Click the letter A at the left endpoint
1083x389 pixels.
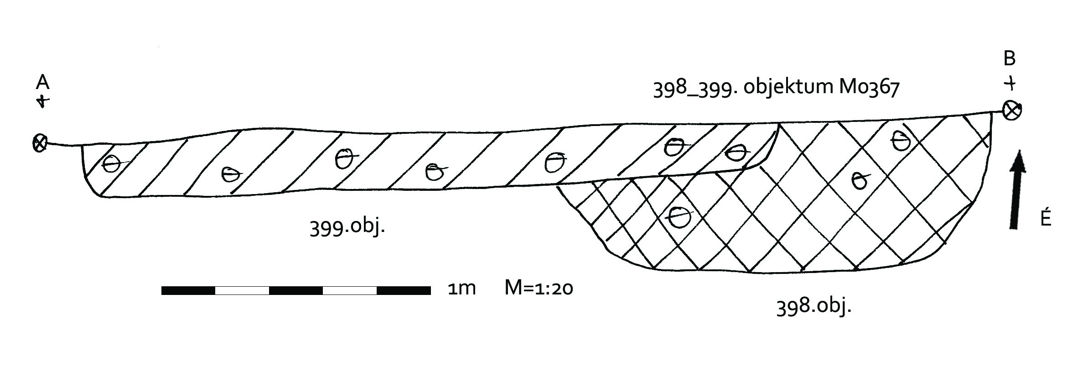click(42, 82)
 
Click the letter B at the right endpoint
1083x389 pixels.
click(1010, 58)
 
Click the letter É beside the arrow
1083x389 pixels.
click(1046, 216)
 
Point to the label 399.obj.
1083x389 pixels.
click(347, 226)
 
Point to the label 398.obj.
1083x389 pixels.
click(814, 305)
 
